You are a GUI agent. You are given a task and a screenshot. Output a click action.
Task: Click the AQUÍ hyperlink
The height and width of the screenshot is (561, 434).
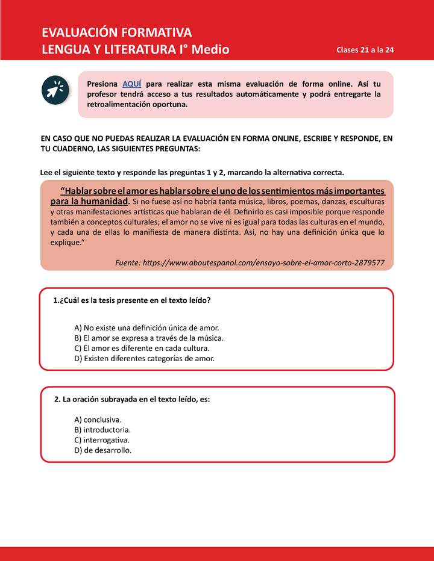(132, 84)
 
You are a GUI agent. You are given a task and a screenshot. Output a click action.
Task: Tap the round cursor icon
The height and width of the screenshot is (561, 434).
(54, 90)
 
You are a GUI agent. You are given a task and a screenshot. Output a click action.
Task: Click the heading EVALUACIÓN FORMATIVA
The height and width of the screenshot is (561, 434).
(116, 33)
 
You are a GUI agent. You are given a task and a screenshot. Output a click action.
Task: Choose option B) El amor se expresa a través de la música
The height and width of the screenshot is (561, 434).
(149, 338)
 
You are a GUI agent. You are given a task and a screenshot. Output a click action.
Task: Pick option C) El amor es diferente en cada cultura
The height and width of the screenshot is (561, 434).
(142, 349)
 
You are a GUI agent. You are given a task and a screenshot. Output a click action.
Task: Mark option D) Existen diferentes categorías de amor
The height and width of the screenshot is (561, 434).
(145, 359)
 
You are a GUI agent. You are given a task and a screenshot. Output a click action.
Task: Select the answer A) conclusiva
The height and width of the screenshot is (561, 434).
(98, 420)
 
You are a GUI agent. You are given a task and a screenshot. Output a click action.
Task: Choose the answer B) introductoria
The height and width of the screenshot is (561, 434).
(102, 430)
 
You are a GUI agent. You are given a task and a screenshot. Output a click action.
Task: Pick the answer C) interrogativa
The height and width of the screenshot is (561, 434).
(102, 440)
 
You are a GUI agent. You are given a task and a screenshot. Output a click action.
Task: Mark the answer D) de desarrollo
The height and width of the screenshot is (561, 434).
(103, 450)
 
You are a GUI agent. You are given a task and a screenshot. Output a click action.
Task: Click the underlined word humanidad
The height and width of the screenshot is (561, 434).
(104, 201)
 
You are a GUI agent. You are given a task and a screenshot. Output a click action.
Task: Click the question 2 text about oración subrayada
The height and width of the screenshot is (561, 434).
(132, 399)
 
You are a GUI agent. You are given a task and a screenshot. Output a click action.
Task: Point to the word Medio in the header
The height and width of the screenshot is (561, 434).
(210, 49)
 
